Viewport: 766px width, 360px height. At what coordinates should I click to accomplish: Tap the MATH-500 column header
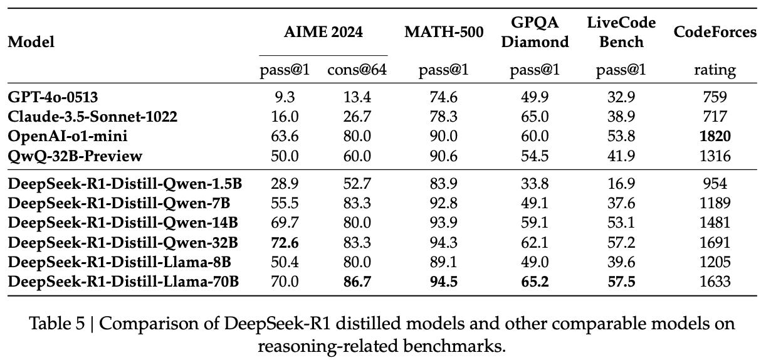tap(444, 32)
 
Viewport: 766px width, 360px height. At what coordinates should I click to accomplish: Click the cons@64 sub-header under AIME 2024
tap(357, 70)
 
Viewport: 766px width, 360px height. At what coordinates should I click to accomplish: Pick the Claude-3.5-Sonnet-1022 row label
tap(93, 117)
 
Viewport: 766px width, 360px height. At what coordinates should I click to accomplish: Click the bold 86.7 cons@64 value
tap(357, 282)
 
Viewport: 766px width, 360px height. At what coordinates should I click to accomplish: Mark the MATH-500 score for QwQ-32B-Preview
tap(444, 156)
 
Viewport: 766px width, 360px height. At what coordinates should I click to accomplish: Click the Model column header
tap(31, 42)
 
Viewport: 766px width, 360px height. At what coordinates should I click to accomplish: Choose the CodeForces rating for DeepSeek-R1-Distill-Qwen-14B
tap(715, 224)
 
